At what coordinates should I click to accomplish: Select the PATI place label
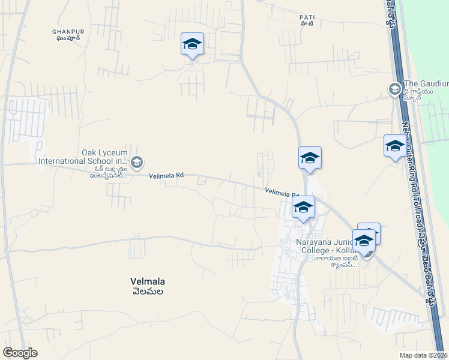307,17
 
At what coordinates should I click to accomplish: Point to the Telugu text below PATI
307,24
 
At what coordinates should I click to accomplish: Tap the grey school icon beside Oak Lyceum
137,162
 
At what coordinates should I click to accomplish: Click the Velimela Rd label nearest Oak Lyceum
166,176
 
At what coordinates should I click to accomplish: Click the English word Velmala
148,281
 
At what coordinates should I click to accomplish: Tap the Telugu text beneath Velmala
148,291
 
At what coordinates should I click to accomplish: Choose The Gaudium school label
426,83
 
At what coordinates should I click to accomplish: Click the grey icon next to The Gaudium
394,90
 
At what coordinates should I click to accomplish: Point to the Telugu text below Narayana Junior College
335,262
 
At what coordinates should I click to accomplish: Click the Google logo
20,353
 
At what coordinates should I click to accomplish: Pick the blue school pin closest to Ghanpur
192,44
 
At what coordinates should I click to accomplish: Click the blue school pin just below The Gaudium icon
394,146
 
